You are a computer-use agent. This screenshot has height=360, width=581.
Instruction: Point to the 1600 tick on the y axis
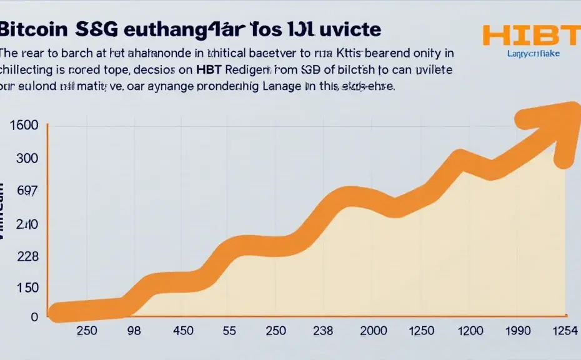click(25, 126)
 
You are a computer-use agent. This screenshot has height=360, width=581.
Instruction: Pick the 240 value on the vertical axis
click(26, 224)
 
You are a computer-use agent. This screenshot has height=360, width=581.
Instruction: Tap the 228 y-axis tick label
click(26, 256)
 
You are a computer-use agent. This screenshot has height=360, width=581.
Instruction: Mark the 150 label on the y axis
click(26, 288)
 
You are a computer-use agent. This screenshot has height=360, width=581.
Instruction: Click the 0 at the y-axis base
click(34, 317)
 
